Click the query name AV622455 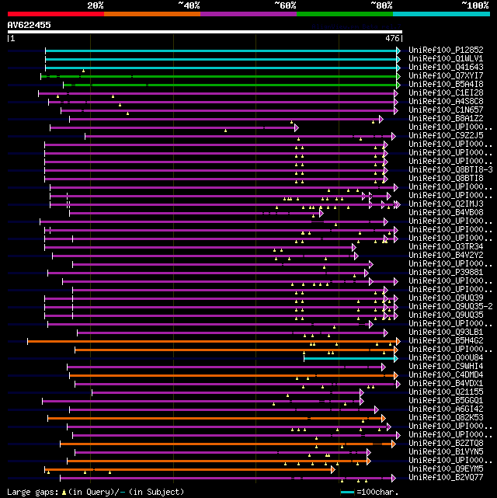pyautogui.click(x=30, y=25)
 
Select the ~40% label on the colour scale pyautogui.click(x=189, y=5)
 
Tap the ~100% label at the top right pyautogui.click(x=474, y=5)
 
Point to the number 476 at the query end pyautogui.click(x=392, y=37)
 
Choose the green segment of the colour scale pyautogui.click(x=344, y=13)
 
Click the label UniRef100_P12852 pyautogui.click(x=446, y=50)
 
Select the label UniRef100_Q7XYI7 pyautogui.click(x=446, y=75)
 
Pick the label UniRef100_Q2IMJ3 pyautogui.click(x=446, y=204)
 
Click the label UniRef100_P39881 pyautogui.click(x=446, y=273)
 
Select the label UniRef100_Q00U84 pyautogui.click(x=446, y=357)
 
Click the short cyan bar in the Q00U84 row pyautogui.click(x=349, y=358)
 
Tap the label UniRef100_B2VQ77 pyautogui.click(x=446, y=478)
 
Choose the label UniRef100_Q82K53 pyautogui.click(x=446, y=417)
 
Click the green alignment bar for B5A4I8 pyautogui.click(x=233, y=85)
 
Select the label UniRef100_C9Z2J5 pyautogui.click(x=446, y=135)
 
